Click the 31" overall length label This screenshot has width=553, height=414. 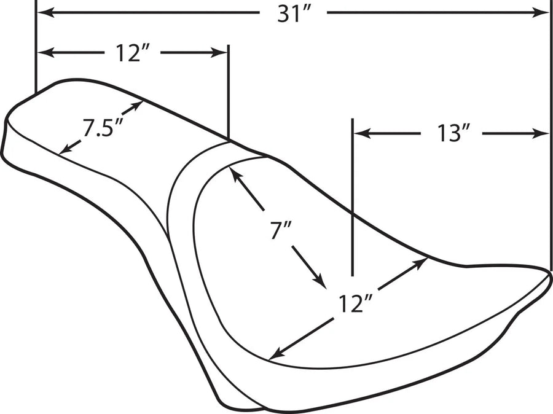294,15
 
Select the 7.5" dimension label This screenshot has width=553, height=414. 103,127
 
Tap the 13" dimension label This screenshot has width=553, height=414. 454,134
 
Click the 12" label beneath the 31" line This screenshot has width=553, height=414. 133,53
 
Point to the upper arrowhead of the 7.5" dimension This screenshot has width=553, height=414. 136,106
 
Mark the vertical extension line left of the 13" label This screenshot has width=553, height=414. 352,197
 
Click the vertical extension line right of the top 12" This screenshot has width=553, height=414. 229,92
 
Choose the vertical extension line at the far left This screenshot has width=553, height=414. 36,47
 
